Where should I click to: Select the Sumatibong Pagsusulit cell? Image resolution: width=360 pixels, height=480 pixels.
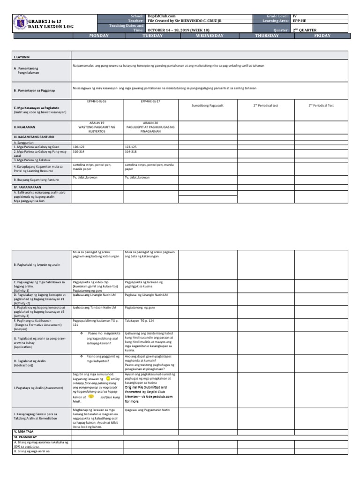pos(208,105)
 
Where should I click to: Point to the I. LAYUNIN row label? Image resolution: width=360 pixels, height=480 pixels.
pos(21,56)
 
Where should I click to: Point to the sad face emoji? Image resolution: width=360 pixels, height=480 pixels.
pos(91,396)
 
